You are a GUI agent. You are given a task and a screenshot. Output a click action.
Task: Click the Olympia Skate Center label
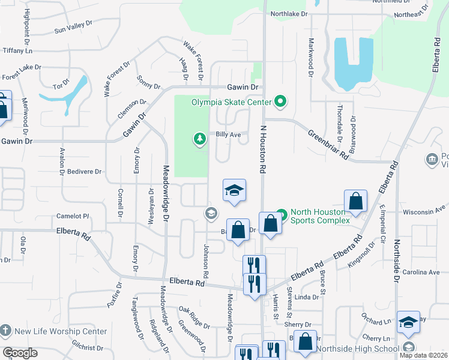tap(231, 102)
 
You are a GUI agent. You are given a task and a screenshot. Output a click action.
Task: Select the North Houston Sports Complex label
tap(319, 216)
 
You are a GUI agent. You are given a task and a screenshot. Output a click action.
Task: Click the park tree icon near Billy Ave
tap(199, 140)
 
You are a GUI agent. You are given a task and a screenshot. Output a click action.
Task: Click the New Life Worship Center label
tap(61, 331)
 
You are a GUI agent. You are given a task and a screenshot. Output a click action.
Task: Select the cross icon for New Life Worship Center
tap(5, 331)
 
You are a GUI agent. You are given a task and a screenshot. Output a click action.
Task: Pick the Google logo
tap(20, 352)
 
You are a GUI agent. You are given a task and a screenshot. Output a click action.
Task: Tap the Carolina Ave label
tap(426, 272)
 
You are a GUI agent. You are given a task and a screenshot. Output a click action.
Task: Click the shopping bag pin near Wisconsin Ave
tap(355, 202)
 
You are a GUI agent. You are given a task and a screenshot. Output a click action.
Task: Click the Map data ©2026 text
tap(423, 355)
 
